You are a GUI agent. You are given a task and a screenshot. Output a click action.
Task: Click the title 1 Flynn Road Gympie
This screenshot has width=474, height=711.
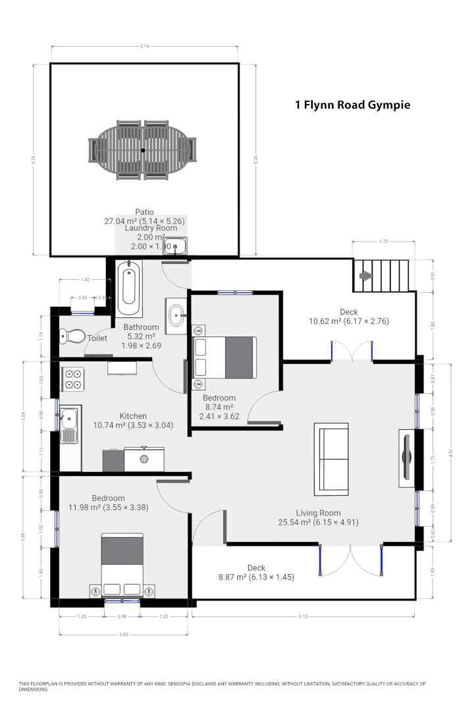(x=352, y=105)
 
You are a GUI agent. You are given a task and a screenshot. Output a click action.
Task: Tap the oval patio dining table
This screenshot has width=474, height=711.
(x=143, y=149)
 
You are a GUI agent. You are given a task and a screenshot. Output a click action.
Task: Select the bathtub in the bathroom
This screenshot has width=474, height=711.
(x=128, y=289)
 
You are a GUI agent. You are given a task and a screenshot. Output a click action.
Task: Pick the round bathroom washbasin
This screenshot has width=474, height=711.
(x=176, y=315)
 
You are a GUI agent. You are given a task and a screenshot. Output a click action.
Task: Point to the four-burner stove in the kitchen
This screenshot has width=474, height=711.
(x=72, y=379)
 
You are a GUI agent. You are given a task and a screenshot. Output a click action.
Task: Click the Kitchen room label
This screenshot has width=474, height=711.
(x=133, y=415)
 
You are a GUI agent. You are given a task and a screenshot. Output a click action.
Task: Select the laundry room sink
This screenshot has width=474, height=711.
(x=175, y=246)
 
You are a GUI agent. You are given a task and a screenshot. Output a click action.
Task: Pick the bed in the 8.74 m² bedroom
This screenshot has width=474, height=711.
(x=224, y=357)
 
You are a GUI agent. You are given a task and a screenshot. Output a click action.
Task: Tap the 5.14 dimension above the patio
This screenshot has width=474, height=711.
(x=144, y=46)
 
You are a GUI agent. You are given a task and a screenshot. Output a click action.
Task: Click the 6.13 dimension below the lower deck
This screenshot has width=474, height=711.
(x=303, y=616)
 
